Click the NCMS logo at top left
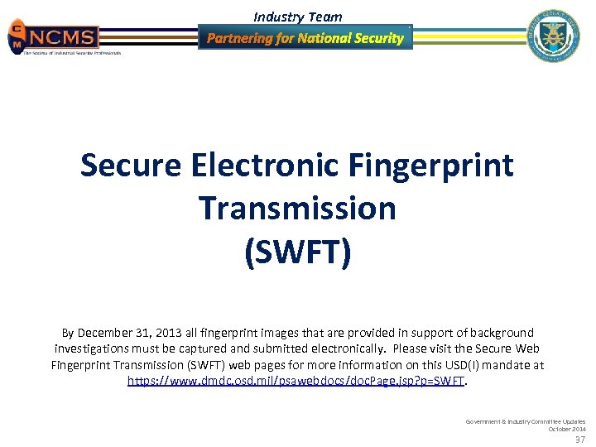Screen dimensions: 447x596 (x=54, y=37)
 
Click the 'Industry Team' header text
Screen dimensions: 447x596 (x=297, y=17)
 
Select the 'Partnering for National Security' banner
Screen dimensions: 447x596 (x=305, y=38)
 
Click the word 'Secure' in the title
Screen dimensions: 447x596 (x=130, y=166)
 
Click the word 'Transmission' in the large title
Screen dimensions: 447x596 (x=297, y=209)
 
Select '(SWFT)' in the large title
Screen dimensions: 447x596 (x=297, y=252)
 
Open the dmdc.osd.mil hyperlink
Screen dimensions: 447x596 (x=296, y=381)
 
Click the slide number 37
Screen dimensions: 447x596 (x=579, y=440)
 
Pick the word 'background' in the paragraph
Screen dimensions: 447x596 (x=499, y=333)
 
